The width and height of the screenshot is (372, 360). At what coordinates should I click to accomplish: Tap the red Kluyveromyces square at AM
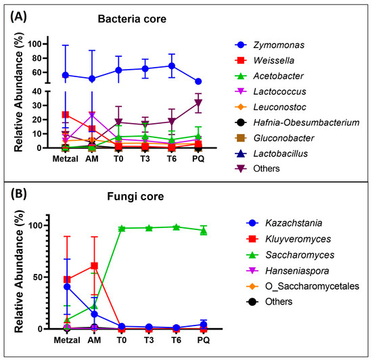pyautogui.click(x=93, y=266)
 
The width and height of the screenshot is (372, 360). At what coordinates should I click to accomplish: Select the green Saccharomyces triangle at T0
pyautogui.click(x=122, y=229)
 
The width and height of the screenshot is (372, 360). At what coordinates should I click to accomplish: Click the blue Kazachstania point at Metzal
pyautogui.click(x=66, y=286)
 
